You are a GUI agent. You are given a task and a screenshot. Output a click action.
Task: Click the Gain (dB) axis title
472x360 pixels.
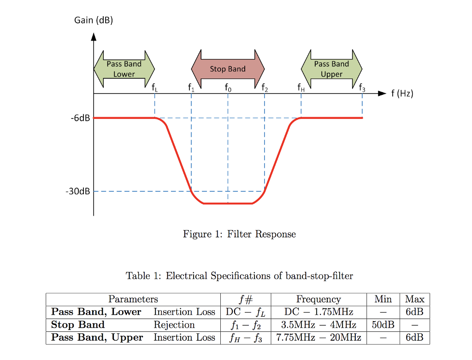coord(94,20)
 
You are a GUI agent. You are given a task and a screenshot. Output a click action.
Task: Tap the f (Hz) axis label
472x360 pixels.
coord(402,94)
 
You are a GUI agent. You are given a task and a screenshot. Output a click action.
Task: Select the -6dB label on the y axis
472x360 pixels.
coord(80,118)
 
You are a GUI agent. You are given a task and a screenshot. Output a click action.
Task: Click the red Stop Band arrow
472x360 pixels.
coord(228,69)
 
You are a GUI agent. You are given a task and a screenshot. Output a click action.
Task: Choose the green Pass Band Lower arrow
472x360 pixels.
coord(124,69)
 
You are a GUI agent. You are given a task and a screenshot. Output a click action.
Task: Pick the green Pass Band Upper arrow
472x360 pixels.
coord(331,69)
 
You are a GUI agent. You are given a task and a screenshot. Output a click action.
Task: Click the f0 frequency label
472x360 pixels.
coord(228,87)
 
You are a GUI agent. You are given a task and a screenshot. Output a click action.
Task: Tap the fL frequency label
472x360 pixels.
coord(154,87)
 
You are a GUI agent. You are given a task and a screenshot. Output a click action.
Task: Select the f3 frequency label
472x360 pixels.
coord(362,87)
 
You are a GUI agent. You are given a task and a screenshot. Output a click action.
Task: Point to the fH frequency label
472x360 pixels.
coord(301,87)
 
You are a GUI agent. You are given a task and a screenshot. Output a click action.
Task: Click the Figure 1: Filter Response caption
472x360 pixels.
coord(239,234)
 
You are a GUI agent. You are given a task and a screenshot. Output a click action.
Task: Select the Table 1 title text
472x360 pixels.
coord(239,276)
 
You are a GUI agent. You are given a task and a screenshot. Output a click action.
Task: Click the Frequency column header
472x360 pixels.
coord(319,299)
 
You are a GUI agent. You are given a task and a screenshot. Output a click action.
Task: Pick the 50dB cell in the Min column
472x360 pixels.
coord(383,325)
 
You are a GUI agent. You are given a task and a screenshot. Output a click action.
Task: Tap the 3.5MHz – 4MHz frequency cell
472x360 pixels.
coord(319,325)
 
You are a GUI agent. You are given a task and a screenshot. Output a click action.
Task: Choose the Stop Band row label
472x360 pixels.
coord(78,325)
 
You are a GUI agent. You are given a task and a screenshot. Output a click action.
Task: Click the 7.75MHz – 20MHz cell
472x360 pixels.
coord(319,337)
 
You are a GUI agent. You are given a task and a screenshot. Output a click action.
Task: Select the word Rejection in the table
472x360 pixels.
coord(174,325)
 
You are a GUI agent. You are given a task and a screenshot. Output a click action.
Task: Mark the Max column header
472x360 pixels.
coord(414,299)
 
